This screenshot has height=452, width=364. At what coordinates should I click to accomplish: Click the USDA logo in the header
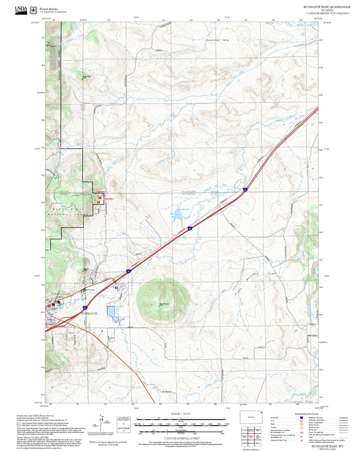click(21, 10)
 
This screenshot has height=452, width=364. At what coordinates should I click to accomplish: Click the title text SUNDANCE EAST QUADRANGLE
click(327, 7)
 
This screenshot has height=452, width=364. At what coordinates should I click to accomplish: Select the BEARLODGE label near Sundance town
click(89, 290)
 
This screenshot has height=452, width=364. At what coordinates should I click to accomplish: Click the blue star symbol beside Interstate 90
click(116, 287)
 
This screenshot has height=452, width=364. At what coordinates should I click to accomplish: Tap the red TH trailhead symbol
click(100, 198)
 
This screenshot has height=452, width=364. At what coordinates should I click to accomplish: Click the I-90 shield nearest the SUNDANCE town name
click(85, 308)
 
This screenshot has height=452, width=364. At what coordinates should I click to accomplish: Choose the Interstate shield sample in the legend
click(301, 418)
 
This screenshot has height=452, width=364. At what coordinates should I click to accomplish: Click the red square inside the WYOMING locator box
click(261, 413)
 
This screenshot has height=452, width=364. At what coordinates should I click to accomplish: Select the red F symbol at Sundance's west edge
click(49, 306)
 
